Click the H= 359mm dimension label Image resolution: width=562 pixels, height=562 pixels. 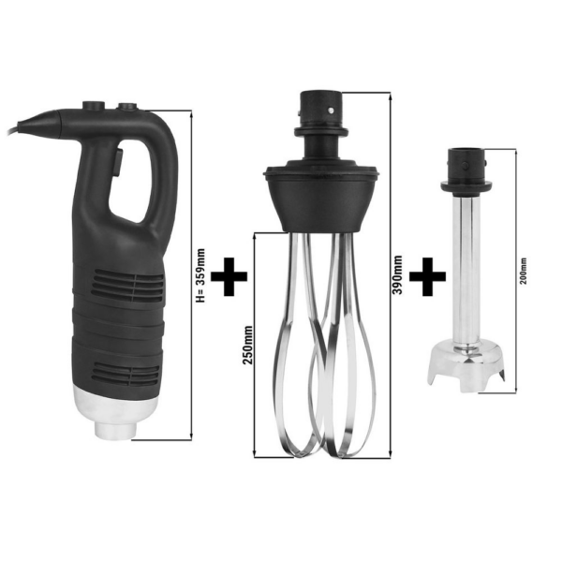click(x=200, y=275)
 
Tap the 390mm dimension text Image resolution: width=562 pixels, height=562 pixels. click(x=397, y=274)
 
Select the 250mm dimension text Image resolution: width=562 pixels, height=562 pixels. click(x=247, y=345)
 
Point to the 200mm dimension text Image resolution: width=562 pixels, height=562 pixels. click(x=524, y=271)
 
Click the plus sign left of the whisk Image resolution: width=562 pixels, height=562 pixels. click(x=229, y=276)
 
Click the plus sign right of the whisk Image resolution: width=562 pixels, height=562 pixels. click(x=428, y=276)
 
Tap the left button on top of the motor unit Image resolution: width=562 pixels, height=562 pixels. click(x=94, y=106)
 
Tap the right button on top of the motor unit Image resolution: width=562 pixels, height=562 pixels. click(x=128, y=107)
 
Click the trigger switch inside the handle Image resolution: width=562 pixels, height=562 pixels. click(x=118, y=162)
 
